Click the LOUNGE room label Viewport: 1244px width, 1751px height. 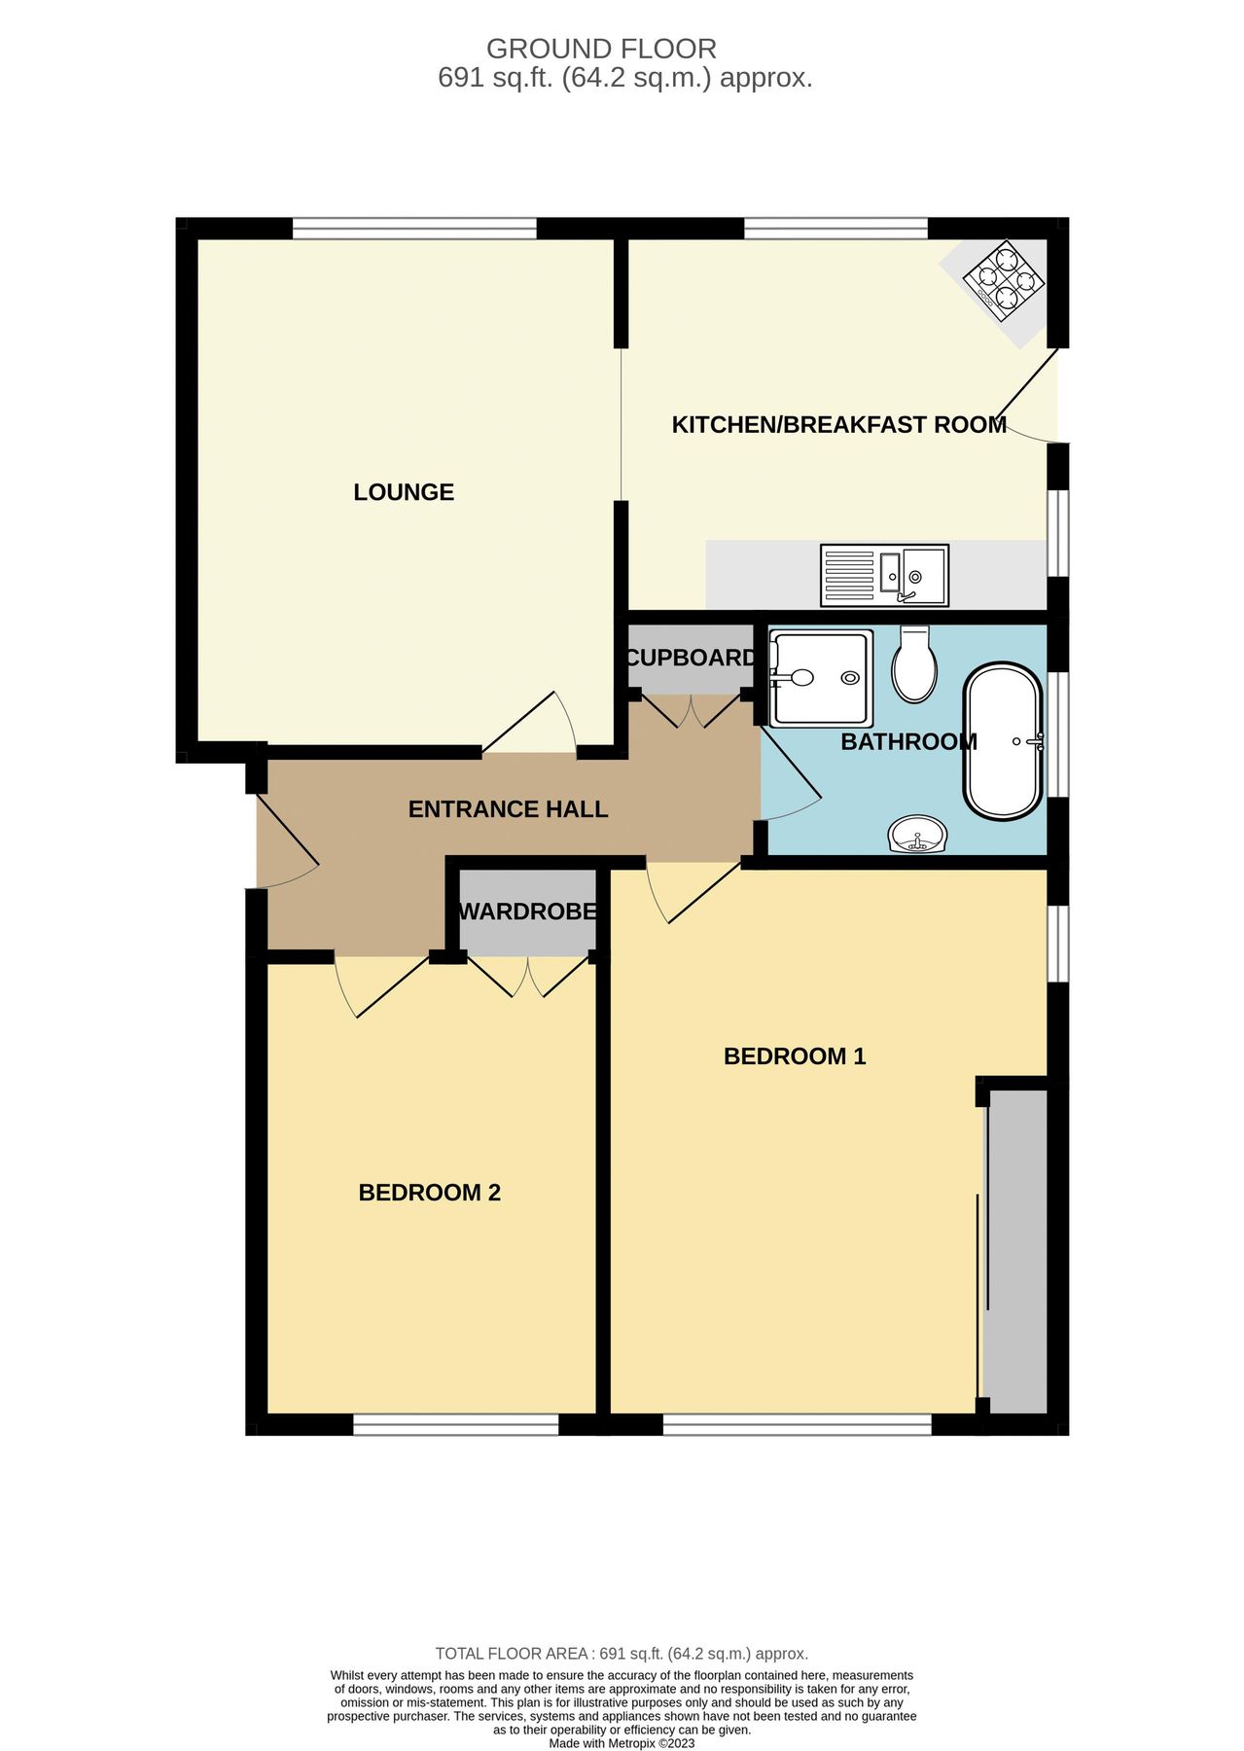(x=404, y=492)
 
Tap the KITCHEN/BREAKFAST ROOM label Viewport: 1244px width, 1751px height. (x=838, y=425)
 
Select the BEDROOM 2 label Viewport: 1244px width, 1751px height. (x=429, y=1193)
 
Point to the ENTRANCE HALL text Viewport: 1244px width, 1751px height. (x=508, y=809)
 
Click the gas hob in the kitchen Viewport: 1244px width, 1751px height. (x=1004, y=280)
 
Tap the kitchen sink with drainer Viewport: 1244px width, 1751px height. (x=884, y=573)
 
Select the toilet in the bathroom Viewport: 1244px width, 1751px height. (x=914, y=664)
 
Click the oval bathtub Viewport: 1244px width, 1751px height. (x=1003, y=741)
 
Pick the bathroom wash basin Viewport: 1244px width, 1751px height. (x=917, y=835)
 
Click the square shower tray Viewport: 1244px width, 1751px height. (x=820, y=677)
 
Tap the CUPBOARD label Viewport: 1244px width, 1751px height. (x=691, y=658)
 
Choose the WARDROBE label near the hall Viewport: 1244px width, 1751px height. (x=527, y=911)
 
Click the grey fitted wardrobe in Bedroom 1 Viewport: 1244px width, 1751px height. (x=1016, y=1250)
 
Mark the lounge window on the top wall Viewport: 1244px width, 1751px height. (x=414, y=229)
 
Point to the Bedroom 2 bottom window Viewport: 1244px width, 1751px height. (x=455, y=1425)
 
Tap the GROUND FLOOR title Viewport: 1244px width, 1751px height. (x=601, y=49)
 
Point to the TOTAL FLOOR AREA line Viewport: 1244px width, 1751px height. (x=622, y=1654)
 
